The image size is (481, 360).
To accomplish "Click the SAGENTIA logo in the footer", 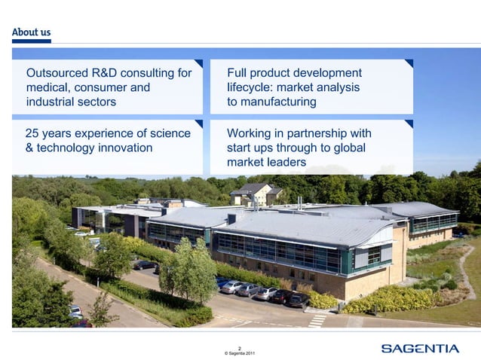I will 419,348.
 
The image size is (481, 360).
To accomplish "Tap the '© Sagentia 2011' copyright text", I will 240,353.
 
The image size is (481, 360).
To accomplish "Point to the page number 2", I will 240,347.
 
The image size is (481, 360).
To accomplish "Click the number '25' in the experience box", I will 33,133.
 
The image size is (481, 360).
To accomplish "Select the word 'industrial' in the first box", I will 51,102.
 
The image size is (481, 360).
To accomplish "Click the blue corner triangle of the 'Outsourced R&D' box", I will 198,64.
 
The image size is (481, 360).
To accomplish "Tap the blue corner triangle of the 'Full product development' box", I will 409,64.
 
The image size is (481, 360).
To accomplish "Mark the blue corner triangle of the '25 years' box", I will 198,124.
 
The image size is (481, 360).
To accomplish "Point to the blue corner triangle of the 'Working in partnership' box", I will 409,124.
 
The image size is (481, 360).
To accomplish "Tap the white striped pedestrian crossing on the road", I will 317,320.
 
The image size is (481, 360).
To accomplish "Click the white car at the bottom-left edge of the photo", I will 75,310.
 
